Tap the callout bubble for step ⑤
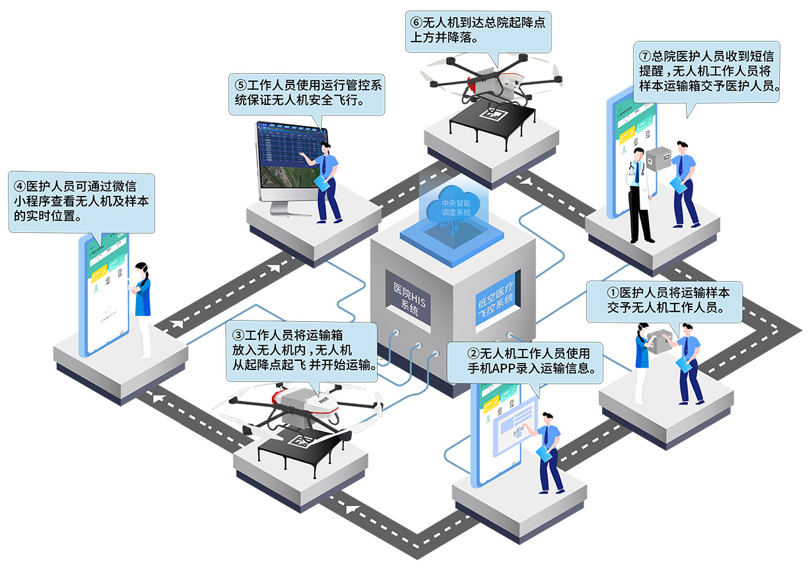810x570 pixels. tap(309, 94)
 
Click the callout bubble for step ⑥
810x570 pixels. tap(478, 30)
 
